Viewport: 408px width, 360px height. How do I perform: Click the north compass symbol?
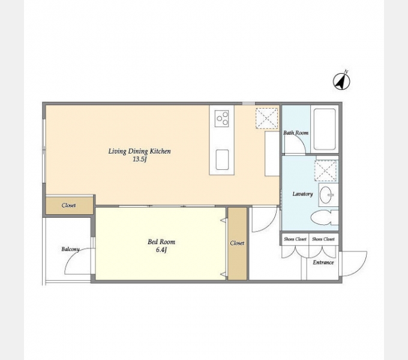pyautogui.click(x=341, y=81)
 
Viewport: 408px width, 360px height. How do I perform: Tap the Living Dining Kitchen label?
pyautogui.click(x=139, y=151)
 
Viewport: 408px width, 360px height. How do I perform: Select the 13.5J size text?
pyautogui.click(x=140, y=159)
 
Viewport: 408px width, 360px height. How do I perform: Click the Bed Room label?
pyautogui.click(x=161, y=242)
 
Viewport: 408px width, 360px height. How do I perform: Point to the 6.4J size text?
pyautogui.click(x=161, y=250)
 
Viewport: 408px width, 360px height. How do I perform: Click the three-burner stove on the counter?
pyautogui.click(x=221, y=119)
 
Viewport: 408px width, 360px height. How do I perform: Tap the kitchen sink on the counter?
pyautogui.click(x=222, y=160)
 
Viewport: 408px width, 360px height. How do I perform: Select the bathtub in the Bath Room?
pyautogui.click(x=325, y=129)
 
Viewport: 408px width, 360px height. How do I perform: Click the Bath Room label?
pyautogui.click(x=296, y=133)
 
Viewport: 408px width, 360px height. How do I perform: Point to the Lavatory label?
pyautogui.click(x=302, y=194)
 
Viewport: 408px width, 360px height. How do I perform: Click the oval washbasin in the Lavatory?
pyautogui.click(x=326, y=194)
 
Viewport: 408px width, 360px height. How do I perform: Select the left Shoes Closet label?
pyautogui.click(x=295, y=239)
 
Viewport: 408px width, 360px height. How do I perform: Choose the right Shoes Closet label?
pyautogui.click(x=323, y=239)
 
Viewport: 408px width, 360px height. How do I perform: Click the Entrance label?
pyautogui.click(x=323, y=262)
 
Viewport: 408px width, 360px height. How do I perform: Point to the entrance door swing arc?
pyautogui.click(x=362, y=268)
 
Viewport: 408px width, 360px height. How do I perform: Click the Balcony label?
pyautogui.click(x=70, y=249)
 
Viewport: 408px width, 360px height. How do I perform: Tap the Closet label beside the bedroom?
pyautogui.click(x=237, y=243)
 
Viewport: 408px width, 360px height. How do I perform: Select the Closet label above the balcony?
pyautogui.click(x=68, y=205)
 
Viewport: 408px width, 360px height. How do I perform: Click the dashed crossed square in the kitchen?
pyautogui.click(x=267, y=118)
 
